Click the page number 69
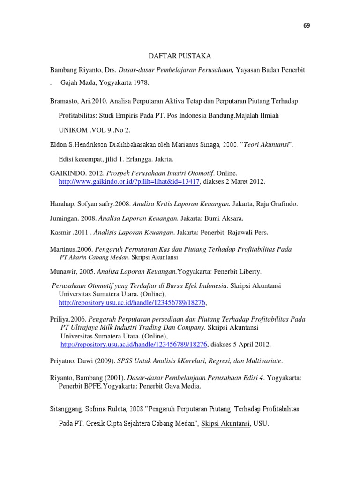[x=307, y=25]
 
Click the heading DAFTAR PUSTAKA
[x=180, y=56]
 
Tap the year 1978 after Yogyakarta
[x=142, y=82]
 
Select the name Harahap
[x=62, y=204]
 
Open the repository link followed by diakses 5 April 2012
[x=134, y=345]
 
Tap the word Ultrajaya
[x=88, y=327]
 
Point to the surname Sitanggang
[x=67, y=409]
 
